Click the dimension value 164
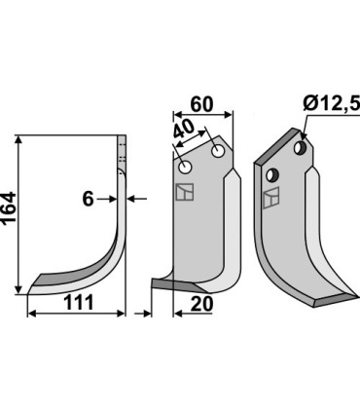click(x=9, y=207)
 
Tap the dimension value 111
click(x=79, y=303)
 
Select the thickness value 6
click(x=88, y=199)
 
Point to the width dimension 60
click(x=201, y=104)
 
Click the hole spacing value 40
click(x=184, y=130)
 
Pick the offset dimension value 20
click(x=201, y=304)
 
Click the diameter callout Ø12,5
click(x=332, y=104)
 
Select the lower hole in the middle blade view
click(x=186, y=168)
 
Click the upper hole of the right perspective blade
click(x=300, y=148)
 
